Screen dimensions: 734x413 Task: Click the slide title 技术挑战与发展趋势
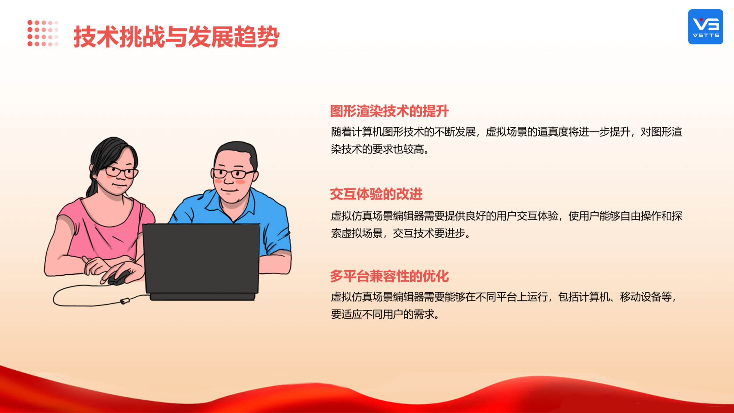(x=176, y=37)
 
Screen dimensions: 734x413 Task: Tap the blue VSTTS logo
(x=705, y=27)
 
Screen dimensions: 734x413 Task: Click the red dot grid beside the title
(x=43, y=33)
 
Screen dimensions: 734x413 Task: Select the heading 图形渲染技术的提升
(x=389, y=111)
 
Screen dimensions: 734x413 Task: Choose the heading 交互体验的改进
(x=376, y=194)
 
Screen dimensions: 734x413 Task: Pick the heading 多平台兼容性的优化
(x=389, y=276)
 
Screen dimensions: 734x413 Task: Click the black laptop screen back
(x=201, y=259)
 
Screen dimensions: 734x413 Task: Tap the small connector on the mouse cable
(x=125, y=301)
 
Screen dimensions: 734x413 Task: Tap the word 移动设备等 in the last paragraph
(x=646, y=297)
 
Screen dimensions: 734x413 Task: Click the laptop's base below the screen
(x=203, y=297)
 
